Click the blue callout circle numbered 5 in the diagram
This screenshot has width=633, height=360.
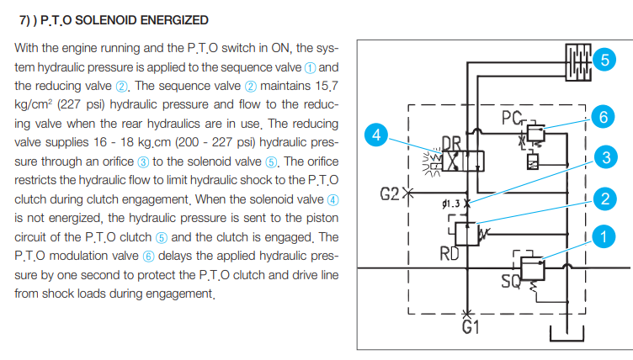(x=602, y=58)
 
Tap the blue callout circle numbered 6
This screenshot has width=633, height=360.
(x=599, y=118)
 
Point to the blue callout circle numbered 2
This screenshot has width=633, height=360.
(x=601, y=199)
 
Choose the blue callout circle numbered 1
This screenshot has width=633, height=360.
(x=601, y=238)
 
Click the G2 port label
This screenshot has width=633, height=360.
(x=388, y=194)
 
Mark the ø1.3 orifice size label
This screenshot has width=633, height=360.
(x=449, y=203)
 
